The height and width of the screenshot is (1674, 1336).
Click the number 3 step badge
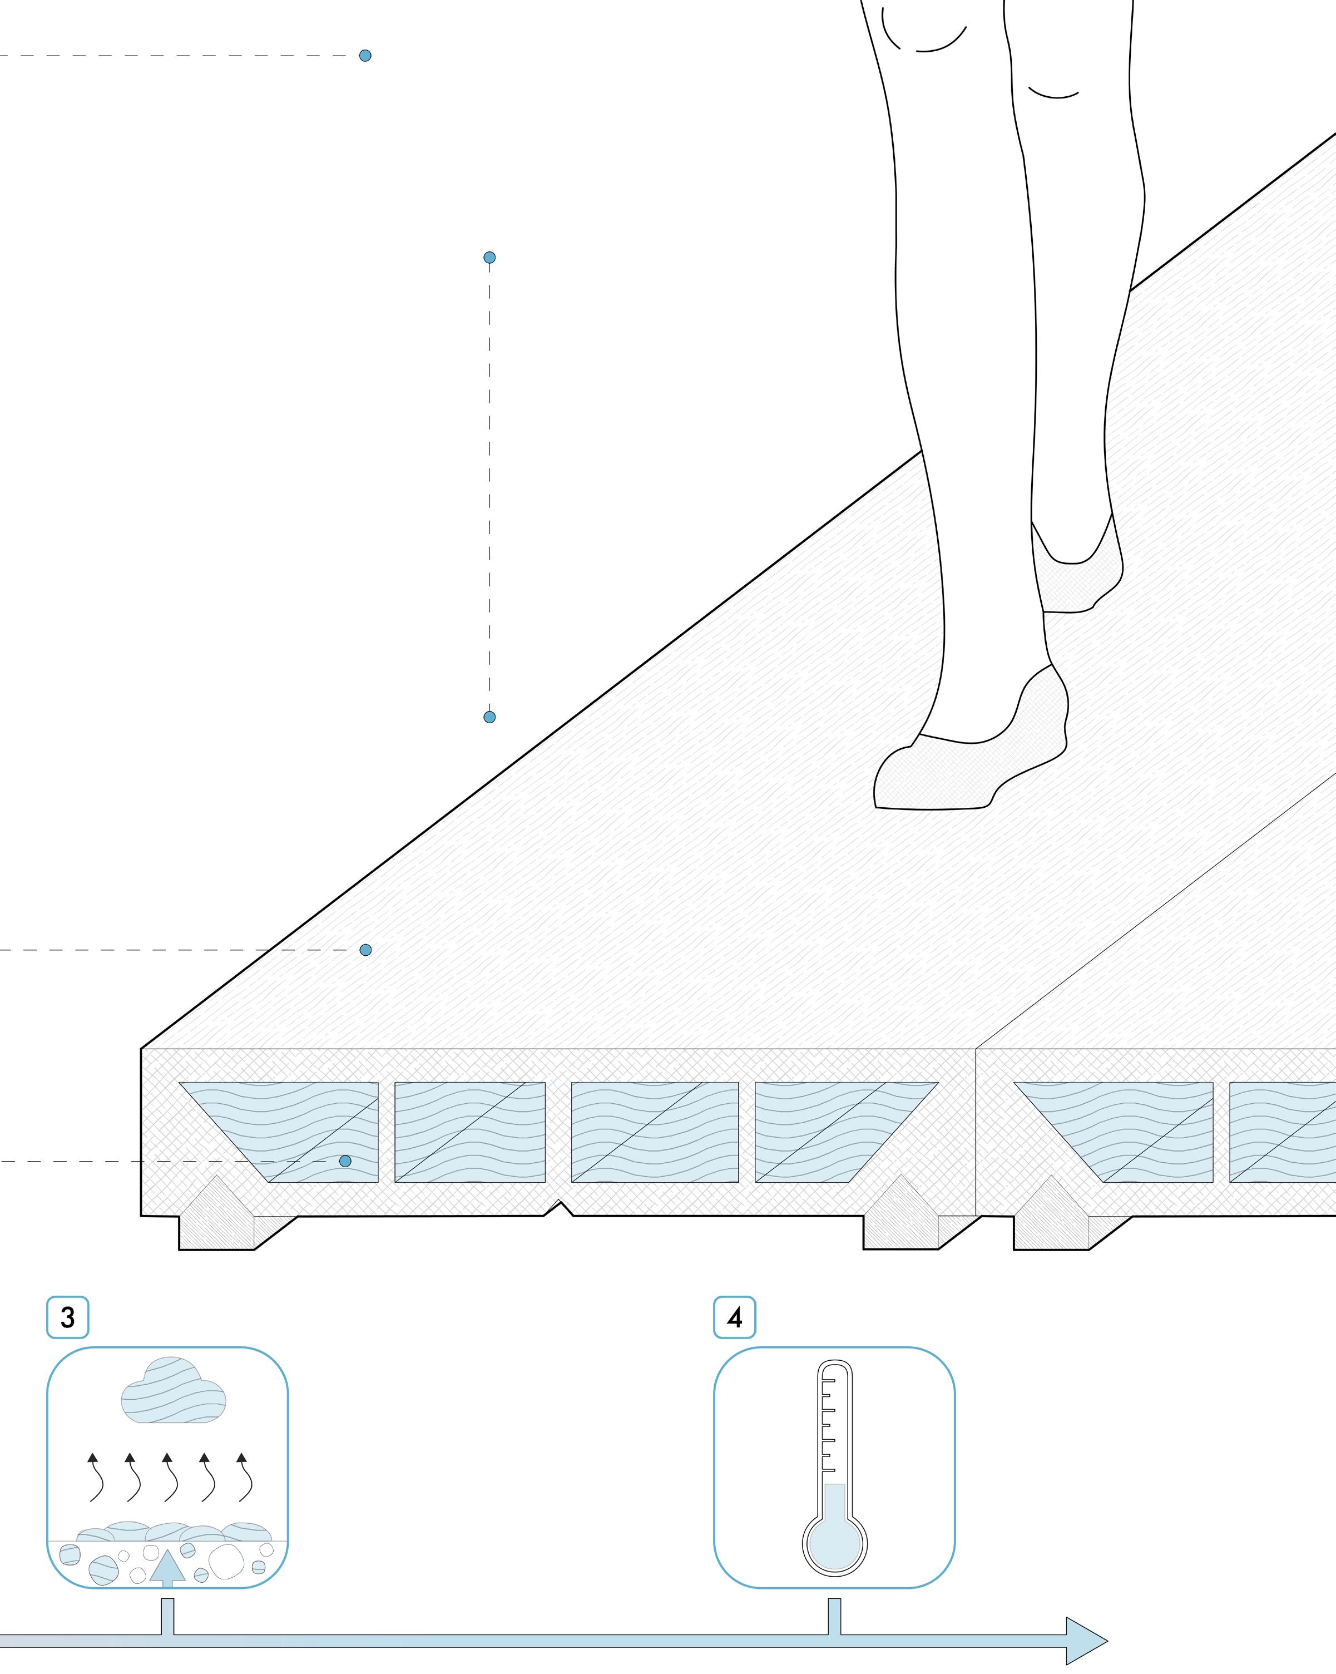pos(67,1317)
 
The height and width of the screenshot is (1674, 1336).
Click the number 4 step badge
pos(734,1317)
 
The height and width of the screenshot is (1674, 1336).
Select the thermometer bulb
pos(834,1544)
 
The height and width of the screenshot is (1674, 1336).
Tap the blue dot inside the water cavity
pos(345,1162)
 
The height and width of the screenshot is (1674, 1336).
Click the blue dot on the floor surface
pos(365,950)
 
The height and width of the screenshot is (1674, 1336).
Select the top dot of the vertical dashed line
pos(489,258)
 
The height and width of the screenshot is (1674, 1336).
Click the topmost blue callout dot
pos(365,56)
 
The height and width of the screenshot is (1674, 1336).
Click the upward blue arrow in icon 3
pos(167,1564)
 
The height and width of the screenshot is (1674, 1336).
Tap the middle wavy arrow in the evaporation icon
pos(169,1479)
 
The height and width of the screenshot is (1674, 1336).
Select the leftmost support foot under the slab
pos(217,1219)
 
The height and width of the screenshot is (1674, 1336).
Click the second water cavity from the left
pos(469,1132)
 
